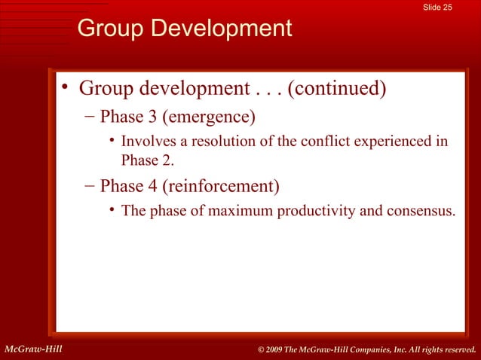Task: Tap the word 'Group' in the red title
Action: point(113,29)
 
